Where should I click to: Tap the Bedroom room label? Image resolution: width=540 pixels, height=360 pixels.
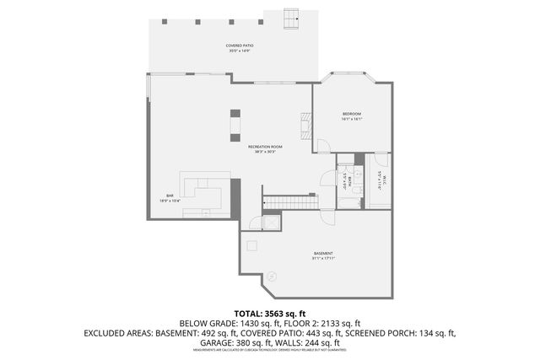click(x=352, y=116)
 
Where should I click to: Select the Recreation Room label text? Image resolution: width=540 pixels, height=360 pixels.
click(x=265, y=148)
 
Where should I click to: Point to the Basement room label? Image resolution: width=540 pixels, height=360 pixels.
click(x=323, y=255)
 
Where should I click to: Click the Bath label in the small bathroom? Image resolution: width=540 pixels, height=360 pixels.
click(x=346, y=178)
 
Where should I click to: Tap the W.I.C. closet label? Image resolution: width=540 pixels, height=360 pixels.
click(x=379, y=178)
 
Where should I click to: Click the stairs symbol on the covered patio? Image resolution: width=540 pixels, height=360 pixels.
click(x=293, y=18)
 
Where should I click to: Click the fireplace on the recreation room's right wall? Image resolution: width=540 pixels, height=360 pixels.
click(x=305, y=126)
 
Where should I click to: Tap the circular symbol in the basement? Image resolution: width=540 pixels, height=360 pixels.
click(x=272, y=276)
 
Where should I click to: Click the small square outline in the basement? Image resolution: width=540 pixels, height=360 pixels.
click(x=251, y=245)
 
